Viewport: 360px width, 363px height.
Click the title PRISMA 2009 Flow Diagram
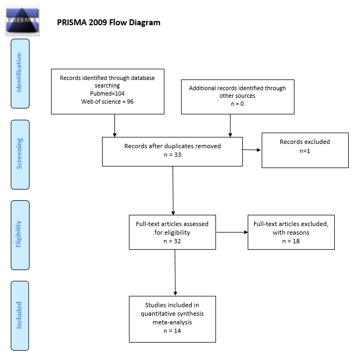109,23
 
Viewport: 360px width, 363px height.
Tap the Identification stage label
20,72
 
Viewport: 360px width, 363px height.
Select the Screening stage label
20,154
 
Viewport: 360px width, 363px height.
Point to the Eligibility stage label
20,235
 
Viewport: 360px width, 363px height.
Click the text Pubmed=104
107,93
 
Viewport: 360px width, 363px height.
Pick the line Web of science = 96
107,101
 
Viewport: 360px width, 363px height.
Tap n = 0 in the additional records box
237,104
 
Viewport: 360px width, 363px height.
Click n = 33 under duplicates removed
172,154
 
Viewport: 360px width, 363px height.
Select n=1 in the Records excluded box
305,151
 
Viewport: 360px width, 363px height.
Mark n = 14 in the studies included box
172,331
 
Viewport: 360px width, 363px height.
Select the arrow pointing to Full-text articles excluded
231,233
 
